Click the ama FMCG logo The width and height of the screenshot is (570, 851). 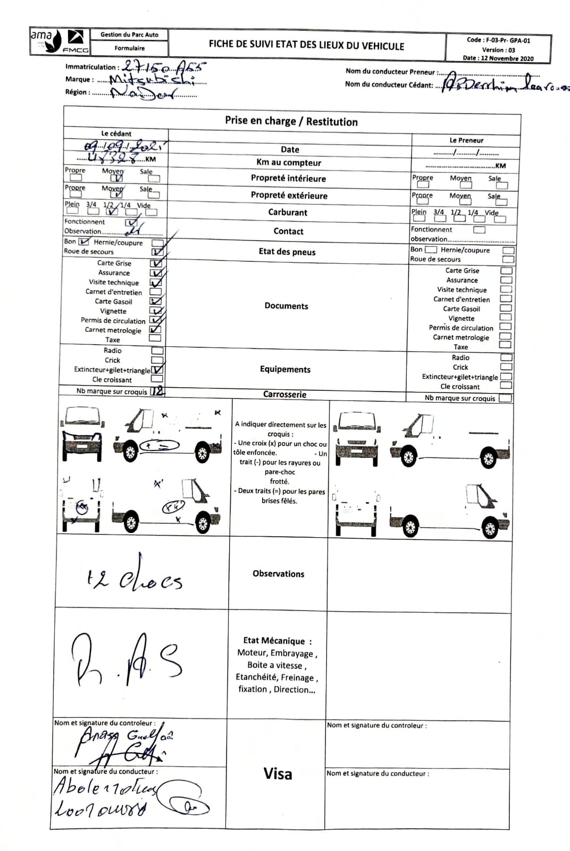point(60,41)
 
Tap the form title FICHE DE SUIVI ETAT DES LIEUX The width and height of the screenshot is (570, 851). point(306,46)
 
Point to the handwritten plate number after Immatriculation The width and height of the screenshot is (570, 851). point(163,66)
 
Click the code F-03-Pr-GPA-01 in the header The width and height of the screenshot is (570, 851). point(498,40)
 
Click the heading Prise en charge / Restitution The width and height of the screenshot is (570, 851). point(291,121)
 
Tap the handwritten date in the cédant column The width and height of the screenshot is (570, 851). point(125,146)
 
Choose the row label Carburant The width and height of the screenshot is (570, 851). point(288,212)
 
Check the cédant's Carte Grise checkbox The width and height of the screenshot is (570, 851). point(156,263)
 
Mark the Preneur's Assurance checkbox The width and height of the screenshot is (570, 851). point(506,280)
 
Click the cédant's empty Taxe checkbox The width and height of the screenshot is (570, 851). point(155,338)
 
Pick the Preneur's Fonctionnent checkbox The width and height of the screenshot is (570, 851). point(479,230)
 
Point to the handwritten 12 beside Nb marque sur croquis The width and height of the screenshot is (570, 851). point(157,391)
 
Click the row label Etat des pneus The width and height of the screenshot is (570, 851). point(287,252)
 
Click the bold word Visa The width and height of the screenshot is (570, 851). point(278,774)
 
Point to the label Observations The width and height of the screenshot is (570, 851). point(279,573)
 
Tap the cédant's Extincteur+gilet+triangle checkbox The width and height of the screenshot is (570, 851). point(157,370)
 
